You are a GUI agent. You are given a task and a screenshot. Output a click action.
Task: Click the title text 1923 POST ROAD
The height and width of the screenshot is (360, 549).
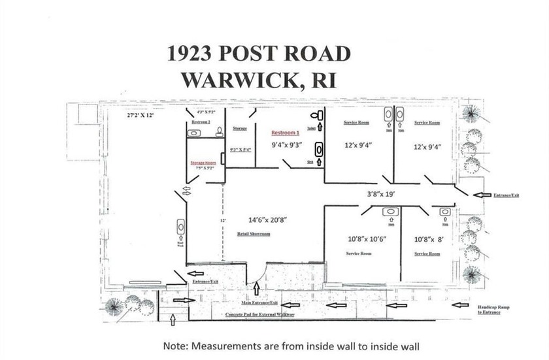(x=259, y=54)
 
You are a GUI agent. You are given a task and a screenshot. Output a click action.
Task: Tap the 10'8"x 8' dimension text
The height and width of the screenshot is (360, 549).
(x=429, y=239)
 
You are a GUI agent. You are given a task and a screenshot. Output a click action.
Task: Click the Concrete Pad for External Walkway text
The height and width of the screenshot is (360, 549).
(x=259, y=315)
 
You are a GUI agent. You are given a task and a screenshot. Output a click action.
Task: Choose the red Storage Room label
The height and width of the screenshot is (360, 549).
(x=203, y=162)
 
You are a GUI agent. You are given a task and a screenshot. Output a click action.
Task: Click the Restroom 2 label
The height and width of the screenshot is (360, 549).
(x=200, y=122)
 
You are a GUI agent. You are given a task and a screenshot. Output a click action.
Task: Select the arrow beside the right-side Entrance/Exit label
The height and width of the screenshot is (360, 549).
(x=481, y=195)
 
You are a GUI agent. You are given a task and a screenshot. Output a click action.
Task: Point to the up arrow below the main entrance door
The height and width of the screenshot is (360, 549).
(x=256, y=288)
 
